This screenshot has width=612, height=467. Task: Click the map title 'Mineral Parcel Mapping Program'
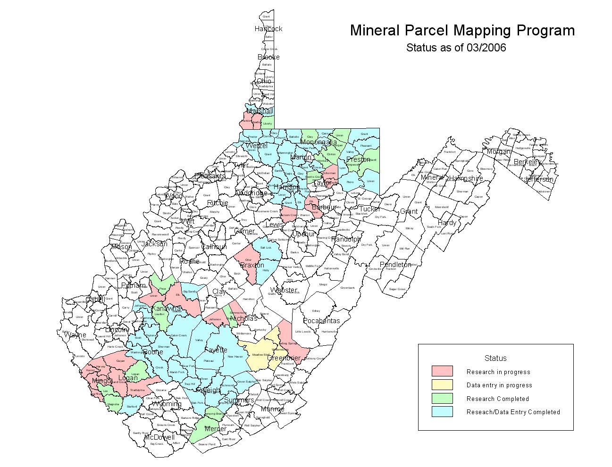[x=462, y=31]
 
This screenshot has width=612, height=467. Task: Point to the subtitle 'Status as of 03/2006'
[x=456, y=48]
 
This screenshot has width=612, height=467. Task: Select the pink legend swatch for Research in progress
[x=442, y=371]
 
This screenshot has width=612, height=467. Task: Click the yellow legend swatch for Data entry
[x=442, y=385]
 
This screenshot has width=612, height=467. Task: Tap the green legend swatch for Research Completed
[x=442, y=398]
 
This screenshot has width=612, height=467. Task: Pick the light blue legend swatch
[x=442, y=411]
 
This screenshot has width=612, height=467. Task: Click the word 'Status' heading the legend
[x=495, y=358]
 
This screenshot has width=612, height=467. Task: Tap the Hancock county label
[x=268, y=29]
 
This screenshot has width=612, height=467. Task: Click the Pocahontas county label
[x=321, y=321]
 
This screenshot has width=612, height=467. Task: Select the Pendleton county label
[x=395, y=265]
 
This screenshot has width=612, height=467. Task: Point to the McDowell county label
[x=159, y=437]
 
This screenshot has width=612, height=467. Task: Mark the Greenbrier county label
[x=284, y=358]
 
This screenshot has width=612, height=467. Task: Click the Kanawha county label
[x=167, y=309]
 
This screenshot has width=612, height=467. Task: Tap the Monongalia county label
[x=319, y=142]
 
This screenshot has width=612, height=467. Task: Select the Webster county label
[x=284, y=290]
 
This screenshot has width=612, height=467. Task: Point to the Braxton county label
[x=252, y=265]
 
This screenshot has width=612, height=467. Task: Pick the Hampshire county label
[x=466, y=178]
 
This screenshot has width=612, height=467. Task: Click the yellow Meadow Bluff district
[x=260, y=355]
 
